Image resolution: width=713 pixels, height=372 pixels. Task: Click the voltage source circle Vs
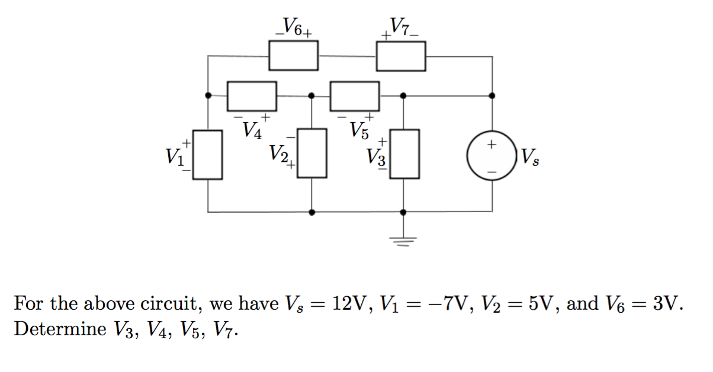click(492, 156)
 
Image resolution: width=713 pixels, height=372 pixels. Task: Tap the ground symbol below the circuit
click(403, 239)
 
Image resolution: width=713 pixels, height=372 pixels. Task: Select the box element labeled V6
click(294, 56)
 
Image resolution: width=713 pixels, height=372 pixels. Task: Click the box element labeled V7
click(401, 56)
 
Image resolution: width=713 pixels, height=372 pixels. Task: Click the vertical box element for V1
click(207, 155)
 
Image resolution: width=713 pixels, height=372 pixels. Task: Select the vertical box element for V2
click(312, 153)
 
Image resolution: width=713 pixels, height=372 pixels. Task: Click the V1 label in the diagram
click(176, 156)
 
